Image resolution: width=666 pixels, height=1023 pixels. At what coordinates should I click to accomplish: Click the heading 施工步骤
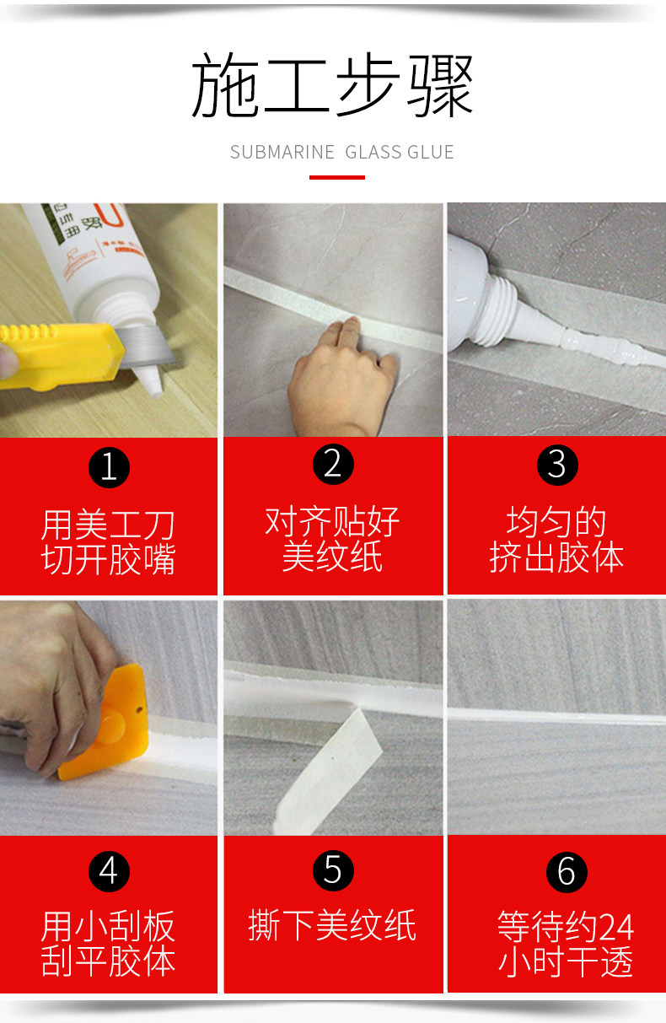pyautogui.click(x=332, y=84)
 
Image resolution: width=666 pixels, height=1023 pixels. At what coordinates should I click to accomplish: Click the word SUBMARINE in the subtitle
pyautogui.click(x=282, y=152)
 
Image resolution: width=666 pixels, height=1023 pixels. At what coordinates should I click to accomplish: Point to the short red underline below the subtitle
pyautogui.click(x=337, y=177)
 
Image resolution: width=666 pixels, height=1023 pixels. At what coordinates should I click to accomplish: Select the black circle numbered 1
pyautogui.click(x=109, y=468)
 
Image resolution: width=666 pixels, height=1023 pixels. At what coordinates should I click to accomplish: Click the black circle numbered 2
pyautogui.click(x=333, y=464)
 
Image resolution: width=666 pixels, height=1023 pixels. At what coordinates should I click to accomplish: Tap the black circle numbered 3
pyautogui.click(x=557, y=465)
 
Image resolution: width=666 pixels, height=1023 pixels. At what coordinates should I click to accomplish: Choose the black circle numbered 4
pyautogui.click(x=109, y=871)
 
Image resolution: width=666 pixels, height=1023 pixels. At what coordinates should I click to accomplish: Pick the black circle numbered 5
pyautogui.click(x=333, y=870)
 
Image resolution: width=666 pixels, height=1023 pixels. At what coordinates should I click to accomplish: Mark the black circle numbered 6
pyautogui.click(x=567, y=872)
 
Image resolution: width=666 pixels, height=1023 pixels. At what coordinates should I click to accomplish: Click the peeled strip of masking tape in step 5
pyautogui.click(x=329, y=772)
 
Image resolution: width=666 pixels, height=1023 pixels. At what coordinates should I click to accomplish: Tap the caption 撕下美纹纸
pyautogui.click(x=332, y=925)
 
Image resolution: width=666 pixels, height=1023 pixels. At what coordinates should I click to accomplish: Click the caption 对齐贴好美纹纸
pyautogui.click(x=332, y=539)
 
